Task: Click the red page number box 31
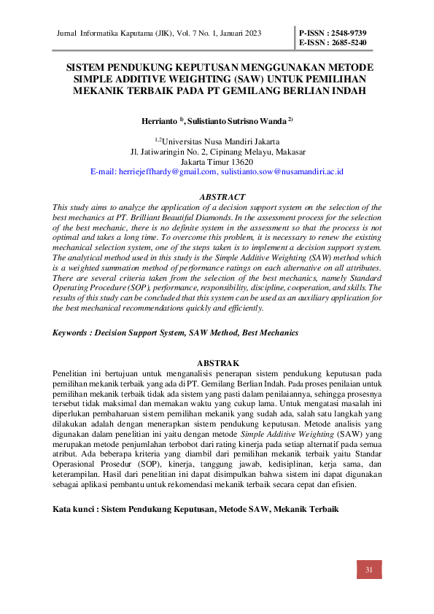tap(368, 570)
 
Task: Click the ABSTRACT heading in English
tap(222, 197)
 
